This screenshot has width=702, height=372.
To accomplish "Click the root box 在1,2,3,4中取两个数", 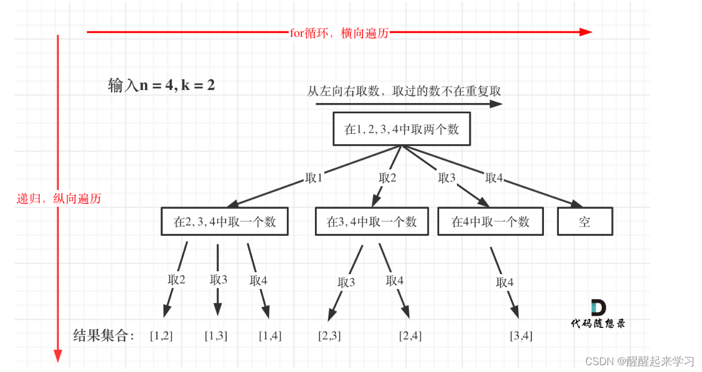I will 401,129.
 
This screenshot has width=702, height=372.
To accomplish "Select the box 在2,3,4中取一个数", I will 224,221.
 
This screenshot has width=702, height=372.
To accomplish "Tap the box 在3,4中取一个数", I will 372,221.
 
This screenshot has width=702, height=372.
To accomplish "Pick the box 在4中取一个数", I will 491,221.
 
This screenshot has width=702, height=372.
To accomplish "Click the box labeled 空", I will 585,221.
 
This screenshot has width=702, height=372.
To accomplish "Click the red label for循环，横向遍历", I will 340,33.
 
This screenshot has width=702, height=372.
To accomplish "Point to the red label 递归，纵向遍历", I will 58,199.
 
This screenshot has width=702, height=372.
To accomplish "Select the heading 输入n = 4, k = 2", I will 161,86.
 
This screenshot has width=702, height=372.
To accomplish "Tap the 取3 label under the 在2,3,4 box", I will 219,279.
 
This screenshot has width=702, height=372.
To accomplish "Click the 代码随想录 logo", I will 598,314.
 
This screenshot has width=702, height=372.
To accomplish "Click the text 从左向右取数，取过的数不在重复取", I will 404,91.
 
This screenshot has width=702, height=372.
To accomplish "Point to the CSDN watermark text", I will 640,361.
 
